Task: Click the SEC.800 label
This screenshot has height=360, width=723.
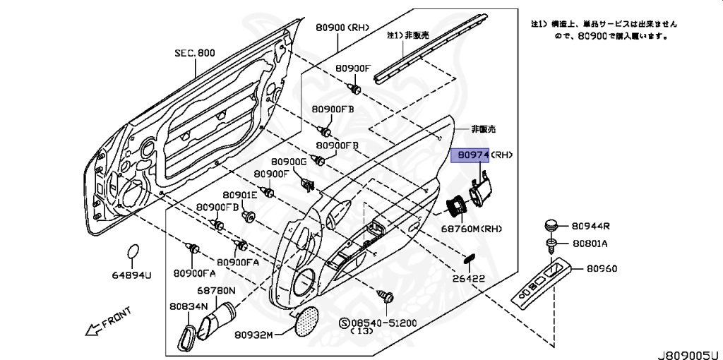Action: pyautogui.click(x=195, y=53)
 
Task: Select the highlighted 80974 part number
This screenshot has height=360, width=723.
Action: pyautogui.click(x=471, y=155)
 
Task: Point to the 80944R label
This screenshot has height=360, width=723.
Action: pyautogui.click(x=590, y=227)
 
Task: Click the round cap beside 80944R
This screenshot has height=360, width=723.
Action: pyautogui.click(x=551, y=226)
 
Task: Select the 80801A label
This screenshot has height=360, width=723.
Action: pyautogui.click(x=590, y=244)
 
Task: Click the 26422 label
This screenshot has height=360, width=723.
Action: pyautogui.click(x=469, y=279)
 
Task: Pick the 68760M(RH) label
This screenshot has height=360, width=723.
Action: pyautogui.click(x=472, y=229)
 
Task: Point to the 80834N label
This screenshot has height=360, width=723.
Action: pyautogui.click(x=188, y=306)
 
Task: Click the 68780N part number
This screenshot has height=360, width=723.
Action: pyautogui.click(x=216, y=290)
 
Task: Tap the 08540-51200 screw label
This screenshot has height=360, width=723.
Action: pyautogui.click(x=382, y=323)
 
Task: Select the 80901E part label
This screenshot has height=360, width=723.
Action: pyautogui.click(x=239, y=195)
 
